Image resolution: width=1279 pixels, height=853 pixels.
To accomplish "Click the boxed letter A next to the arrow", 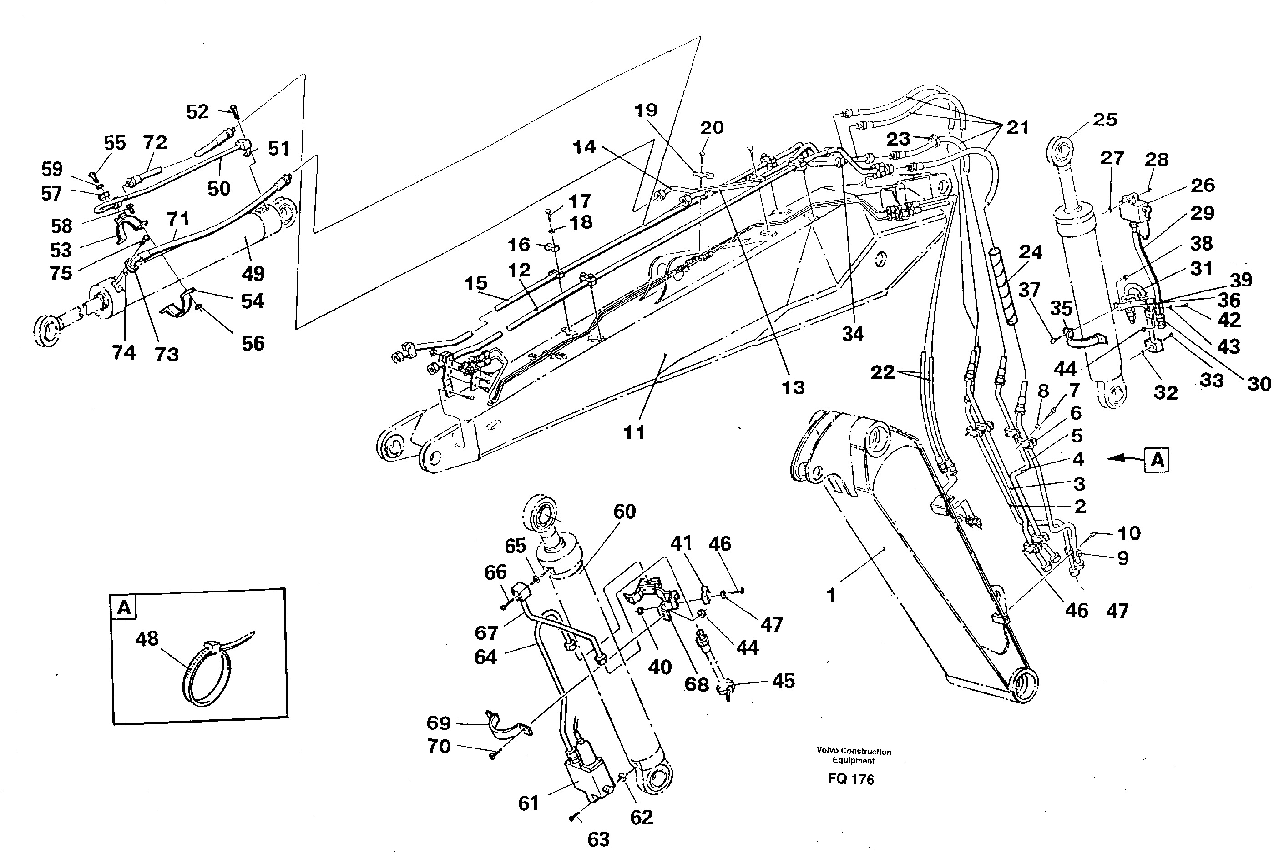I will (1157, 460).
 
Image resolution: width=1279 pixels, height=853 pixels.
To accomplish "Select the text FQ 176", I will (851, 779).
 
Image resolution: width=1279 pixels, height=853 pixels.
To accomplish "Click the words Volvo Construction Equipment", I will (854, 756).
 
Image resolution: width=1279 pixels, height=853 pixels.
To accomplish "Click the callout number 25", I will (1105, 120).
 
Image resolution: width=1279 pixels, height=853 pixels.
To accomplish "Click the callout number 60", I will (624, 512).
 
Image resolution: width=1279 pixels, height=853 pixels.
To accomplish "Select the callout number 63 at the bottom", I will (599, 839).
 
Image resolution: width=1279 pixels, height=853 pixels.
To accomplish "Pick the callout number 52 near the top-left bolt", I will (197, 111).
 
